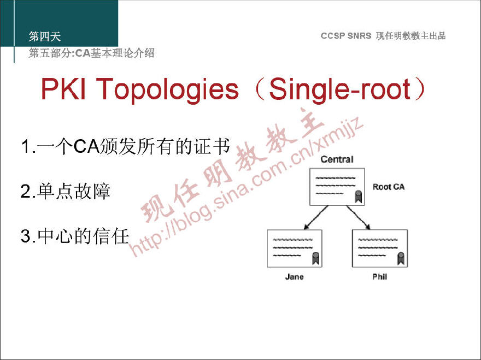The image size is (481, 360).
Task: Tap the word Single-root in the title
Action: [340, 90]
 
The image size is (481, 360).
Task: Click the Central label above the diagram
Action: [337, 159]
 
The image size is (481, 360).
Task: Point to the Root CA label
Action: [388, 187]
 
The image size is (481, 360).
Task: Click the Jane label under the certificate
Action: [294, 277]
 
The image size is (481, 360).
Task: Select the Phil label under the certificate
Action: [380, 277]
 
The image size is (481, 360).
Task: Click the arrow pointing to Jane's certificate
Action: [316, 218]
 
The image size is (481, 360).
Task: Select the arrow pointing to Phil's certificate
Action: [358, 218]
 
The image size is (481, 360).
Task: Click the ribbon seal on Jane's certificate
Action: [316, 258]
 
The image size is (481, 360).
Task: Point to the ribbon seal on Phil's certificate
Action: [401, 258]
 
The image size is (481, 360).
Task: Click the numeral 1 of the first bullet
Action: [27, 147]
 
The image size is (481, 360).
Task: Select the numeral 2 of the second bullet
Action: [26, 191]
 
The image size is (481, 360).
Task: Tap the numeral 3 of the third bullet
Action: [26, 236]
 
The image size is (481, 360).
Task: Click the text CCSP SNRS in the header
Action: [346, 35]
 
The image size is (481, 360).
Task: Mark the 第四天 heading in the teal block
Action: [44, 36]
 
